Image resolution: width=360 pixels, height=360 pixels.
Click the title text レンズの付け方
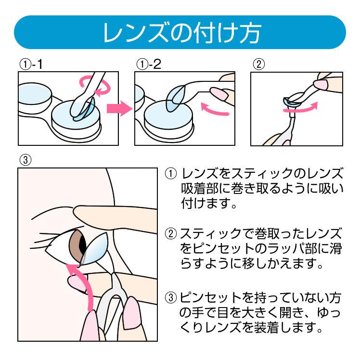coord(180,32)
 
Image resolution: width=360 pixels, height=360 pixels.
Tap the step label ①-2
coord(148,64)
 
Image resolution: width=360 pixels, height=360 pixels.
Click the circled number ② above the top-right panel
coord(258,64)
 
